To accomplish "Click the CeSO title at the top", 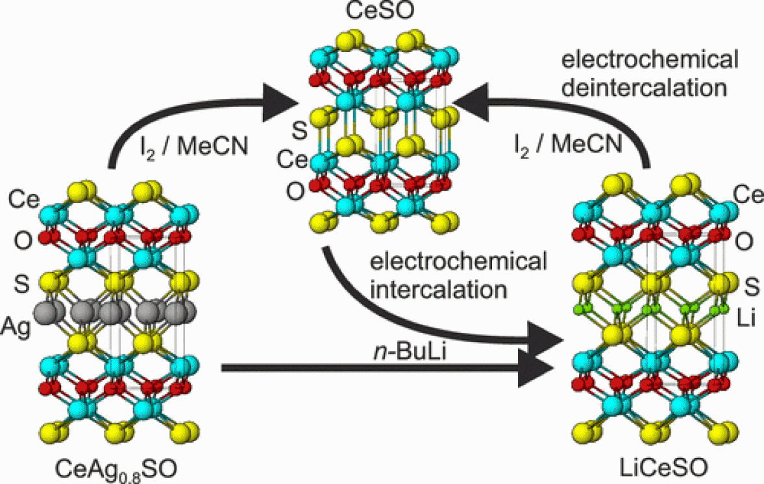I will click(x=382, y=12).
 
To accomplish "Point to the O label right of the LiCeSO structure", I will click(x=746, y=241).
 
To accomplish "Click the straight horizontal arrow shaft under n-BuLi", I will click(x=364, y=369).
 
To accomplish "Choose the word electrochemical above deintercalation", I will click(x=648, y=60).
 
